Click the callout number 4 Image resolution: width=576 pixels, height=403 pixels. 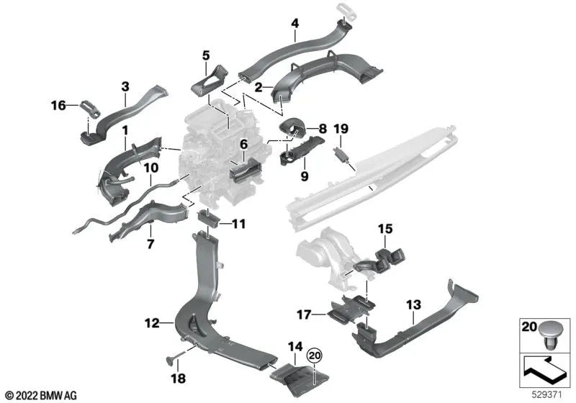point(294,23)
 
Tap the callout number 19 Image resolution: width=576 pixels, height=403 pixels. point(341,129)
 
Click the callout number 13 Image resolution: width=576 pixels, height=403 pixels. point(413,304)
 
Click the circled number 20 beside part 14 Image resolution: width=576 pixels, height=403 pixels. point(313,356)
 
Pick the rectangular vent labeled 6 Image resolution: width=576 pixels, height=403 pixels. point(240,171)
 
